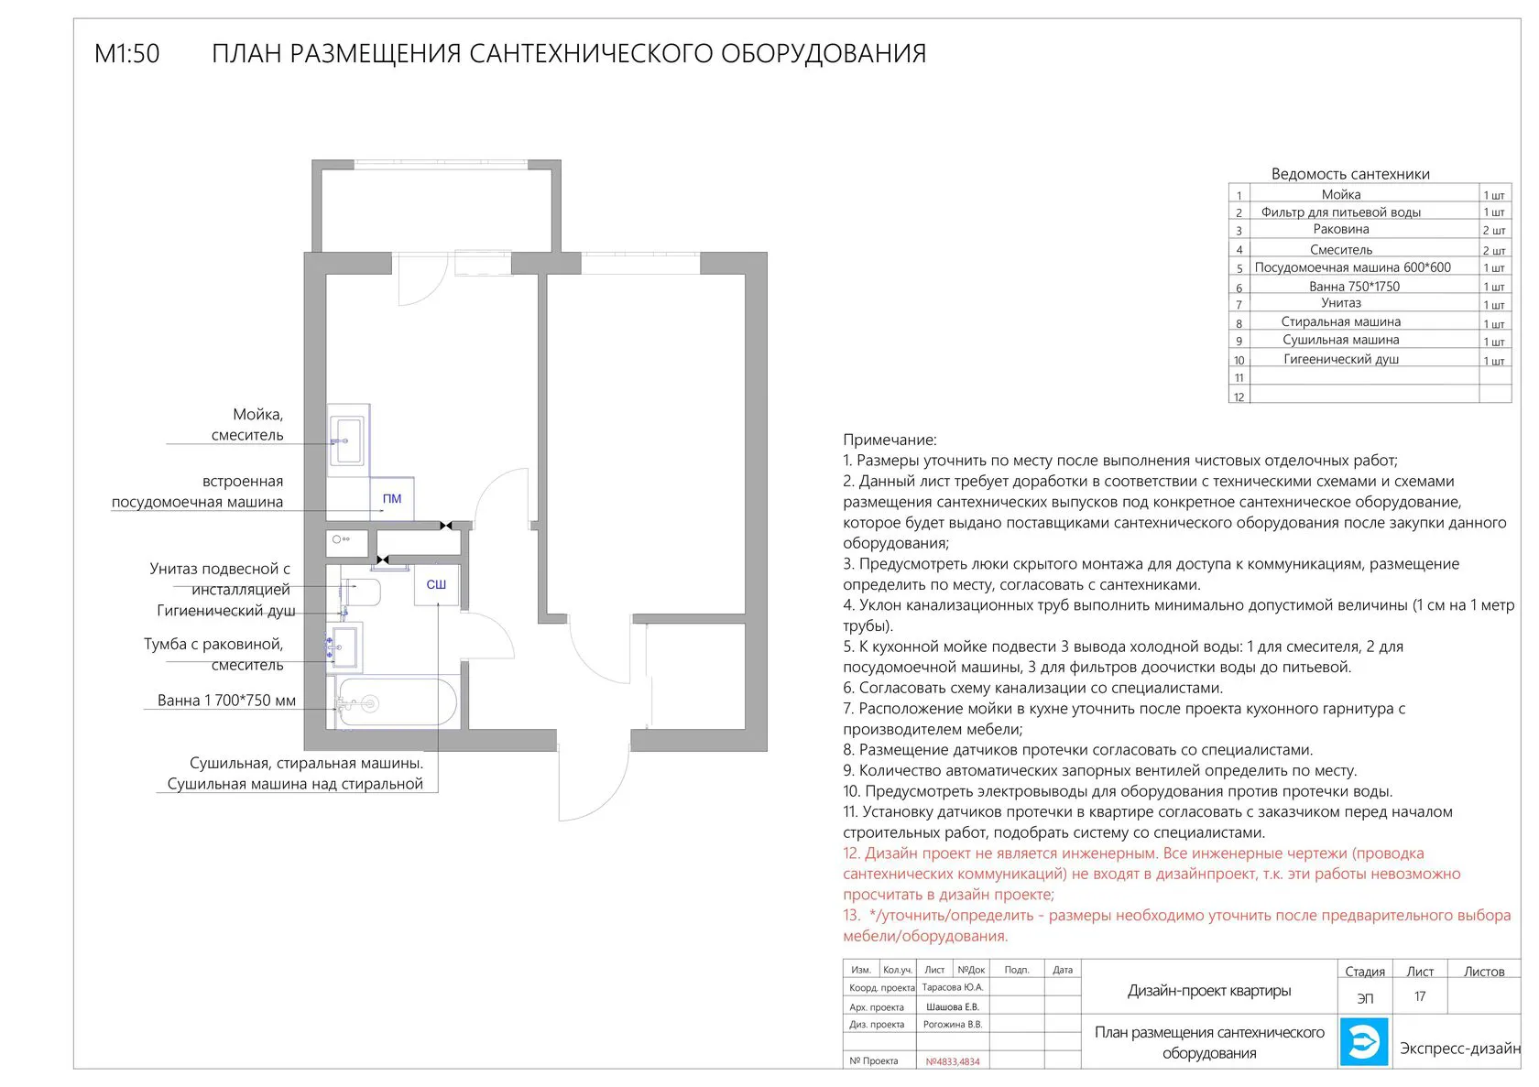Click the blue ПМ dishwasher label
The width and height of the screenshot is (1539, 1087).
point(392,499)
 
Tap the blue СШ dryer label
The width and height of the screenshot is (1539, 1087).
point(436,584)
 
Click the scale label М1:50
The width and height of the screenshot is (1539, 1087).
point(126,54)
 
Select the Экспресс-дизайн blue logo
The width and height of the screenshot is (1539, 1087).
point(1364,1041)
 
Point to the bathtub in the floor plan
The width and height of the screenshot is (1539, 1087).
point(397,703)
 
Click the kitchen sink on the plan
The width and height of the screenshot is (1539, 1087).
point(348,440)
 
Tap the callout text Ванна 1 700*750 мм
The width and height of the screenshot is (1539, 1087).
point(226,701)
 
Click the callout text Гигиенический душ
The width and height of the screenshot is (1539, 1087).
point(226,611)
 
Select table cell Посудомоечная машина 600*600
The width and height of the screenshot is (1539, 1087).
point(1352,267)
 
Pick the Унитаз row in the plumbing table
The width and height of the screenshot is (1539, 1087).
point(1341,303)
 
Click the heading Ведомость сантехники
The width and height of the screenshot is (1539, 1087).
point(1350,174)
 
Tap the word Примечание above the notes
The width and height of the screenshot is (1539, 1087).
point(890,440)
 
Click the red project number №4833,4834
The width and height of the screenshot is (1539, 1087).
point(953,1061)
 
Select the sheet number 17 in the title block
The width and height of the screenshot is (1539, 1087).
point(1420,996)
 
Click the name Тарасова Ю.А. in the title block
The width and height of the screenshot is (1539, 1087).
point(953,987)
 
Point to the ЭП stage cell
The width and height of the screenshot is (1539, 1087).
point(1365,997)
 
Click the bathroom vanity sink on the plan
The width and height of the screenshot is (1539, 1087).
point(345,647)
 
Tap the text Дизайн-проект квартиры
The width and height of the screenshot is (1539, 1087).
point(1209,991)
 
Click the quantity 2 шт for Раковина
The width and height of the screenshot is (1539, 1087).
point(1494,231)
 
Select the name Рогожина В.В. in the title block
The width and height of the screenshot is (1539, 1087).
point(953,1025)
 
